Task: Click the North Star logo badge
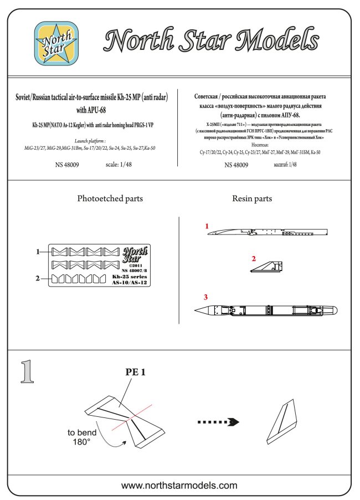click(x=54, y=43)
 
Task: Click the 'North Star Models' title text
click(x=212, y=42)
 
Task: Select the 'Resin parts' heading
click(x=252, y=198)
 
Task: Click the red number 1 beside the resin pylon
click(x=207, y=226)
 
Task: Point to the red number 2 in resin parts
click(x=253, y=259)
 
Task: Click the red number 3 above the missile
click(x=205, y=298)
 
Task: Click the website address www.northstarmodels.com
click(x=179, y=486)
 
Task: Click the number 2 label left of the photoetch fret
click(x=38, y=278)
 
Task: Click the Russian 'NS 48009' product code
click(x=236, y=165)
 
